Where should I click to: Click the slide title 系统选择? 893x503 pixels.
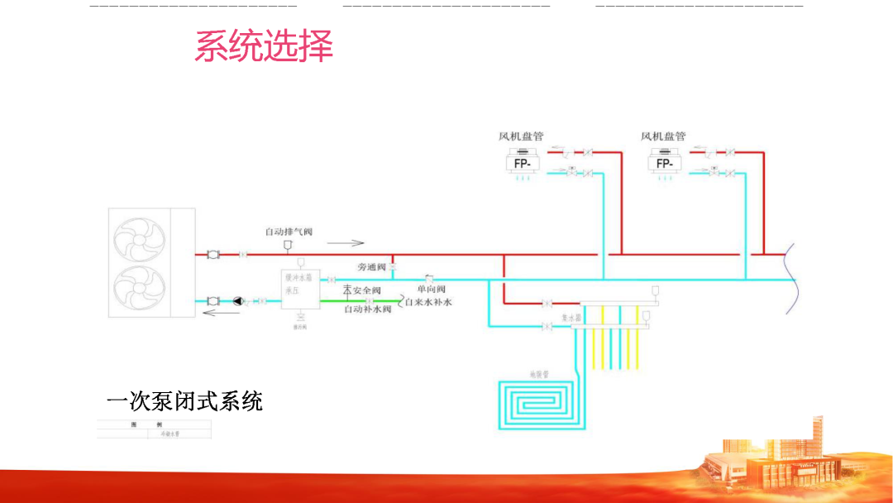click(x=264, y=46)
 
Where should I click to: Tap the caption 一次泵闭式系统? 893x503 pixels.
click(x=184, y=401)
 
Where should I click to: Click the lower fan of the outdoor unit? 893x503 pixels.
click(x=137, y=289)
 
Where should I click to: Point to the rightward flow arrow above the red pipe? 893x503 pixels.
click(x=346, y=243)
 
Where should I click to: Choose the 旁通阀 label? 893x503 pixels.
click(x=371, y=267)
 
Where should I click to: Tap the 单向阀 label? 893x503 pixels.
click(x=431, y=290)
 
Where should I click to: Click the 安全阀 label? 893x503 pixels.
click(x=366, y=290)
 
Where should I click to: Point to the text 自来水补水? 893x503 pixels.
click(x=429, y=302)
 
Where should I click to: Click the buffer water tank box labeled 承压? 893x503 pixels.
click(x=300, y=290)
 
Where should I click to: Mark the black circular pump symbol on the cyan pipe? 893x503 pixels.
click(x=238, y=300)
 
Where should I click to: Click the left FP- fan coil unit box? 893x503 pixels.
click(x=523, y=164)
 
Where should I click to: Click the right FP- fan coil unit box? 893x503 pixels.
click(x=665, y=164)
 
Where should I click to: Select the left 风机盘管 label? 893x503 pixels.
click(x=521, y=136)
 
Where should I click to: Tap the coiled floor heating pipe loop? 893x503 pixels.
click(x=537, y=404)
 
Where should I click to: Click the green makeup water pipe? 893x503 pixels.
click(x=372, y=300)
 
